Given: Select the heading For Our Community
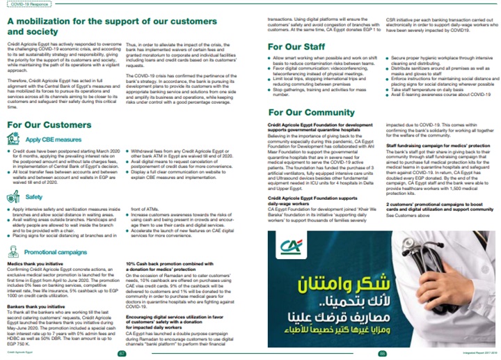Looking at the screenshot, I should pos(312,111).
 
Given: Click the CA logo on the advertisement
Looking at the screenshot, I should pos(288,246).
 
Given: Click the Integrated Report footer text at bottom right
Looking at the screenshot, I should pos(477,354).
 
